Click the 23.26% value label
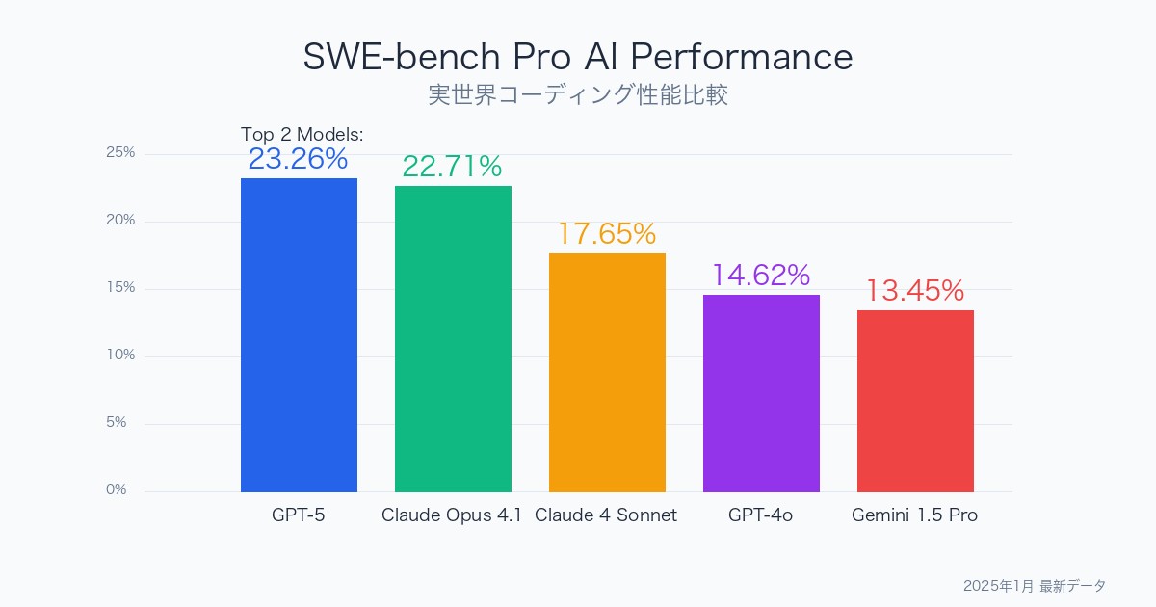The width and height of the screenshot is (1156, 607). (x=298, y=159)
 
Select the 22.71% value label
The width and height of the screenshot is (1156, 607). (x=452, y=167)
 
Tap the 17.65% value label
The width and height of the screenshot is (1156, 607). (x=606, y=234)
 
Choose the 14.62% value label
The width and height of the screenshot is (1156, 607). (x=760, y=276)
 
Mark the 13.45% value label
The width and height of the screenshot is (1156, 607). (x=914, y=291)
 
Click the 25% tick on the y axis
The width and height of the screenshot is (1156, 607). (x=120, y=153)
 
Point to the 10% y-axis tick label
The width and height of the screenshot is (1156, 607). (x=120, y=356)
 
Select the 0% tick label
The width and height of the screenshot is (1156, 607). (x=117, y=490)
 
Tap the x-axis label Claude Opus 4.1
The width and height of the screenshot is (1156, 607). (x=452, y=515)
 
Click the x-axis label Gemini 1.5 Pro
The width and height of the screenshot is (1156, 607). (x=914, y=515)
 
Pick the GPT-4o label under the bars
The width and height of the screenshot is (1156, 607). (x=760, y=515)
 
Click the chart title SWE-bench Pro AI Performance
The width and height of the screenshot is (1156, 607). (x=578, y=57)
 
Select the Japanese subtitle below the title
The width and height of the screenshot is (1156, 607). (x=578, y=95)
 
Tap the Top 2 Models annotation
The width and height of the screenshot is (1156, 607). (x=302, y=134)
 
